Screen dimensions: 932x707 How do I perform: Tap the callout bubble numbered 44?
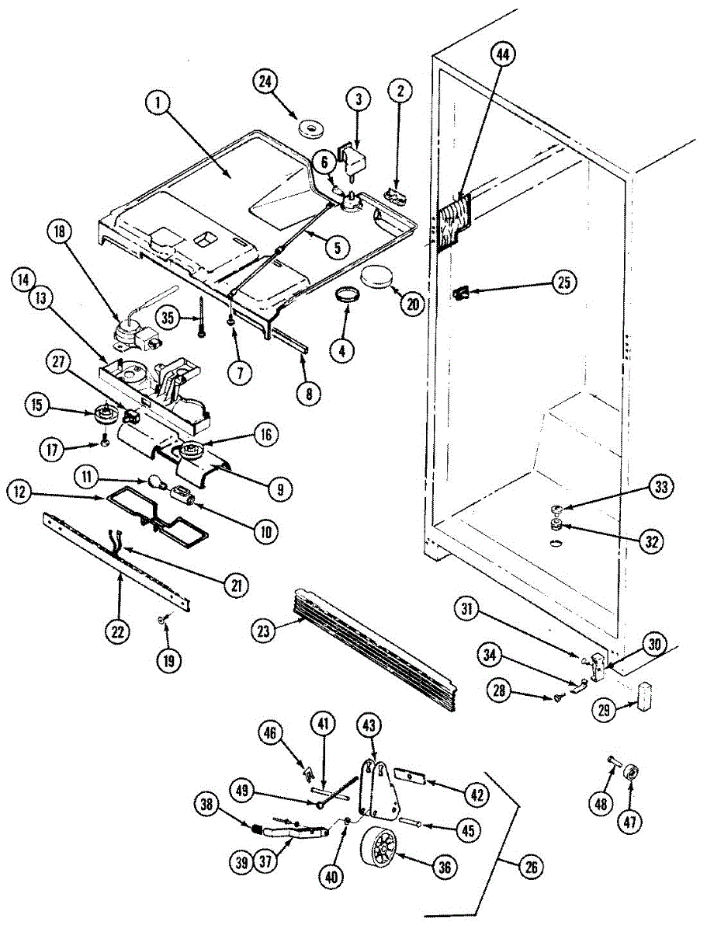[503, 55]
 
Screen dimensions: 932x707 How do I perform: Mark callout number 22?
[117, 632]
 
